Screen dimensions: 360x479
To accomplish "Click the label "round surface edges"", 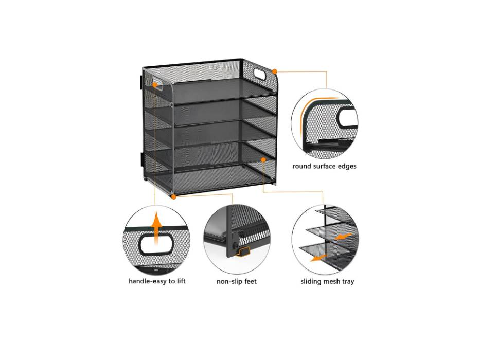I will tap(324, 166).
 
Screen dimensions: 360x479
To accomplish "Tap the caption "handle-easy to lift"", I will tap(157, 281).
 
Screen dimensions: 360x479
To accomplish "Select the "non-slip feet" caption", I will tap(237, 281).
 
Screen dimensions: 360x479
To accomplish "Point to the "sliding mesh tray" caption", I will tap(327, 281).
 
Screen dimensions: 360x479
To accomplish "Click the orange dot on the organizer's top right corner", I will tap(275, 71).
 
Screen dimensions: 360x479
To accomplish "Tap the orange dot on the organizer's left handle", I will tap(155, 84).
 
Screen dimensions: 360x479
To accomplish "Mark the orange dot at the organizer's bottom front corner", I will tap(174, 196).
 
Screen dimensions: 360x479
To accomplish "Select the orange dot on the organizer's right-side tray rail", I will tap(263, 160).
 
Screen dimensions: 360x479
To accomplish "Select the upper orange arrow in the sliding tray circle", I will tap(343, 237).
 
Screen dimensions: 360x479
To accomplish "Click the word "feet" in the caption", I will tap(249, 281).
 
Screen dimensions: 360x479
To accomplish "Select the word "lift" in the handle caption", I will tap(180, 281).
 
